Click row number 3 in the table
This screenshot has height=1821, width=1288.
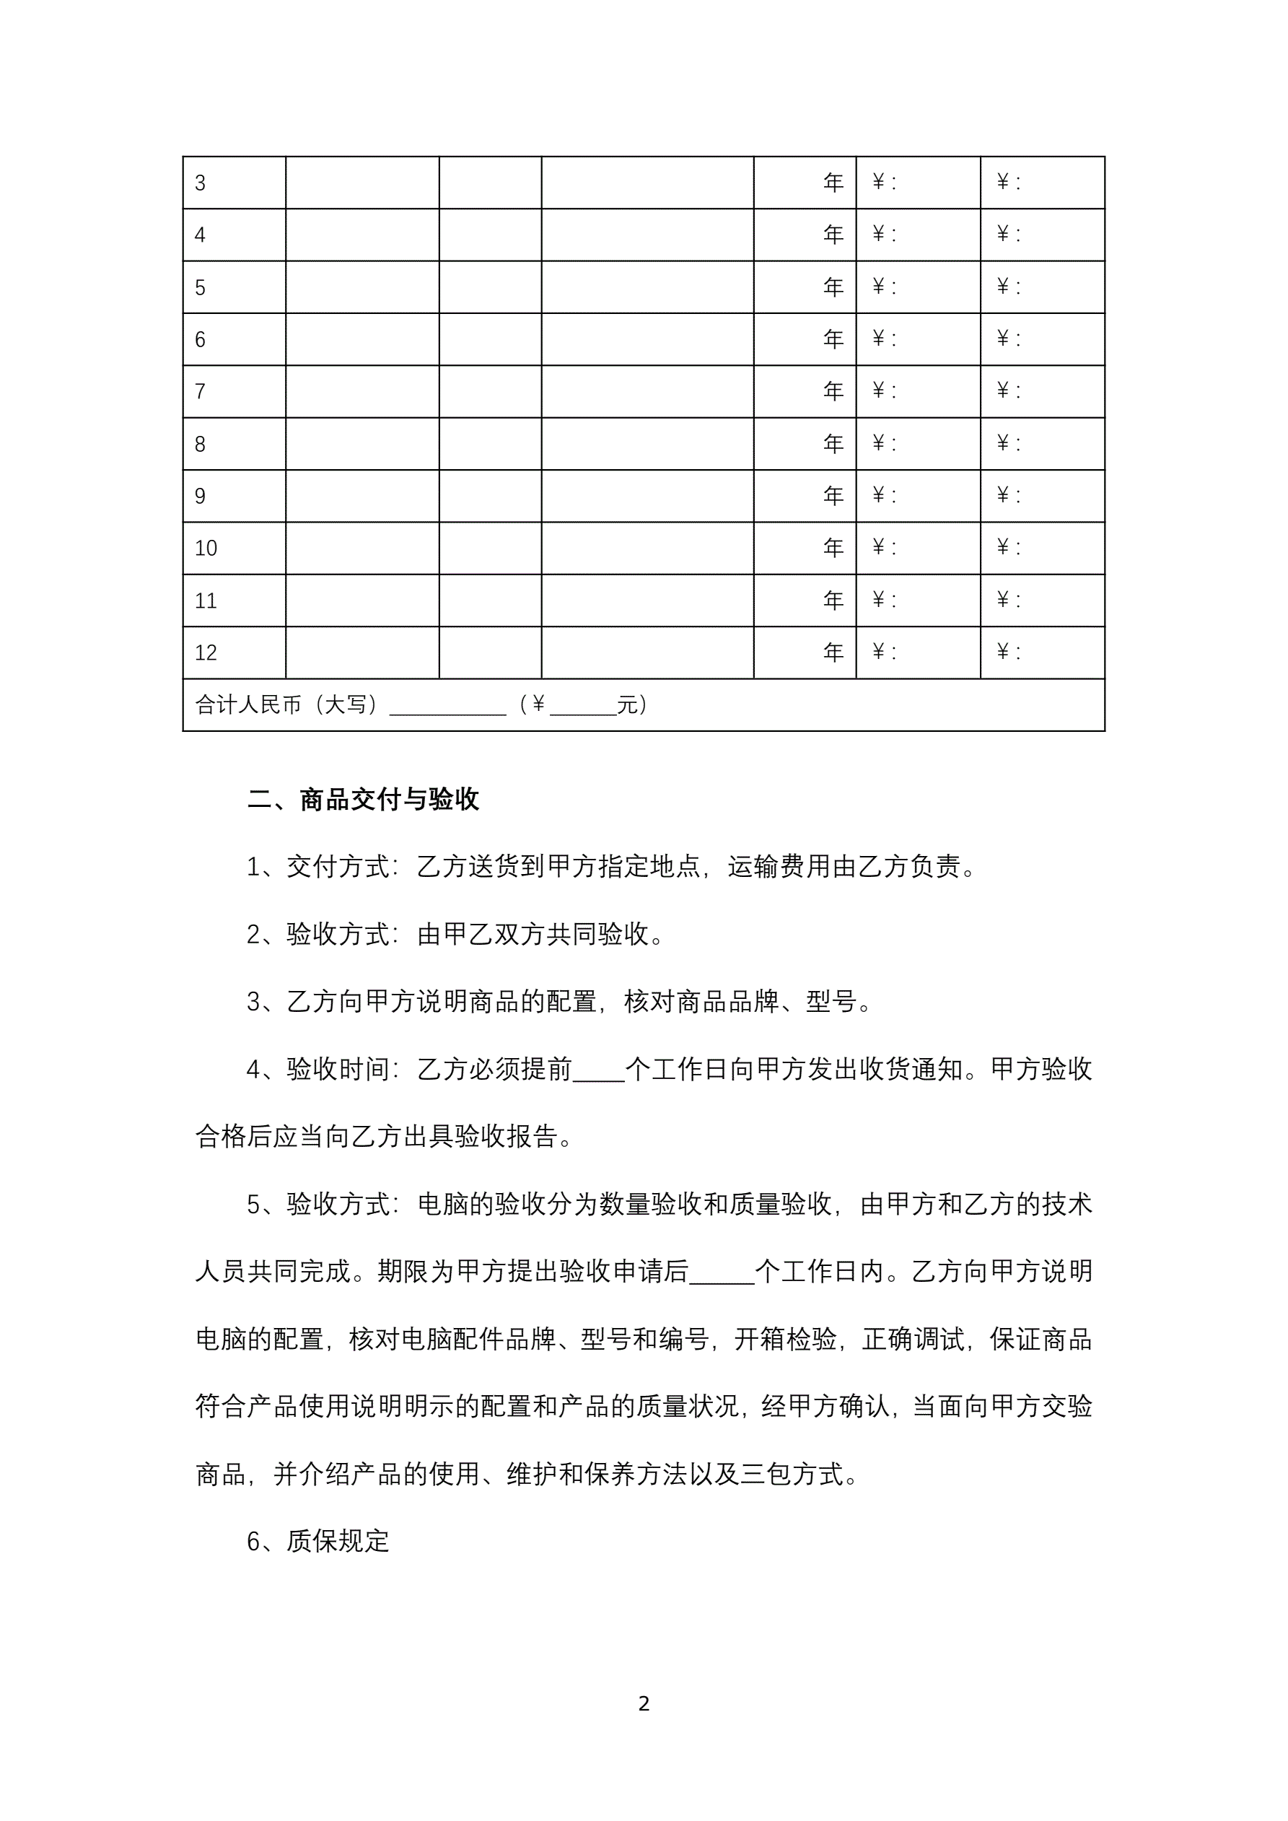[x=201, y=183]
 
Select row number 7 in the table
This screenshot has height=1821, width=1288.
[x=201, y=392]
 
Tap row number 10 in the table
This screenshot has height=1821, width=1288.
[x=206, y=548]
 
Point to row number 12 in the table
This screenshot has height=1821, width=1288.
[x=206, y=652]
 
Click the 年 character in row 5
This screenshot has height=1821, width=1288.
[x=833, y=287]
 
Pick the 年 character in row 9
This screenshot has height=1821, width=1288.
[x=833, y=496]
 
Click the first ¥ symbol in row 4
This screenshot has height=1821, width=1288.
[x=878, y=235]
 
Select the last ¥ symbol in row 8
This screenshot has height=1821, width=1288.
[x=1002, y=443]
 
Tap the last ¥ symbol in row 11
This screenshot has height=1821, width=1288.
[x=1002, y=601]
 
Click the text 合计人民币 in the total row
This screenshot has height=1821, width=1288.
[x=248, y=705]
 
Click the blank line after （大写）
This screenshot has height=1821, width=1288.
[x=447, y=708]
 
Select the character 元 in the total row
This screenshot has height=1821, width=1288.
[x=627, y=705]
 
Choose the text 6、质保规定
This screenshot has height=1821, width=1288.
[x=318, y=1542]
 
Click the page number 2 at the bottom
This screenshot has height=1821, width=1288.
[x=644, y=1703]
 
